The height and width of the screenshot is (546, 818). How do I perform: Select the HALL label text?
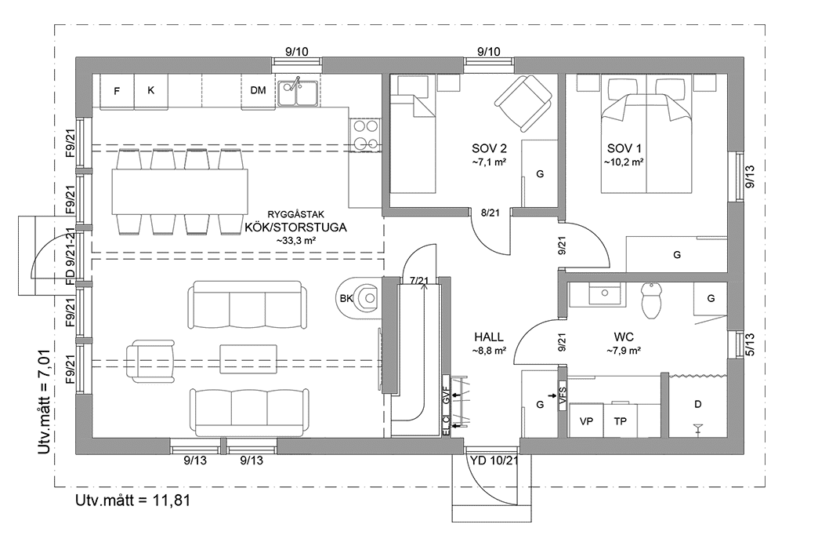[x=488, y=336]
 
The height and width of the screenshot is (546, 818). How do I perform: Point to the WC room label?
[x=624, y=336]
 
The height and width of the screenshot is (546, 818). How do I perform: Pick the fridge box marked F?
[x=117, y=91]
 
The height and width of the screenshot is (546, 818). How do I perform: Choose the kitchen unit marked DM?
[x=258, y=91]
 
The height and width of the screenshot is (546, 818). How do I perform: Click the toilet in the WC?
[x=652, y=300]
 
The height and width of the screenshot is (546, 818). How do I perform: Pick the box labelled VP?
[x=586, y=421]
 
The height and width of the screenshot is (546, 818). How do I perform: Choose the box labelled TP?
[x=620, y=421]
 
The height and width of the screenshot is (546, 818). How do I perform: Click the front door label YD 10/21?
[x=494, y=460]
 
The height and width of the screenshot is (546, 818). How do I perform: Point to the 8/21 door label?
[x=490, y=212]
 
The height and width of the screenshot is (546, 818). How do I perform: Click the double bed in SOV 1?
[x=646, y=141]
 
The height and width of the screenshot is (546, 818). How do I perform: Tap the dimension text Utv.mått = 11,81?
[x=133, y=499]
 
